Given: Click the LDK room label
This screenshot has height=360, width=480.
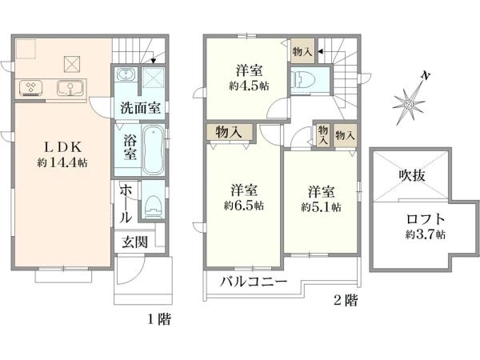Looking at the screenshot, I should (60, 147).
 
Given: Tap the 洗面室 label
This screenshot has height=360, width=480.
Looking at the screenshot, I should (139, 108).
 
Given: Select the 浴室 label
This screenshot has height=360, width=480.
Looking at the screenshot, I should (129, 147).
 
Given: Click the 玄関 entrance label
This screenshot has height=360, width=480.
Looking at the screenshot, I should (134, 242).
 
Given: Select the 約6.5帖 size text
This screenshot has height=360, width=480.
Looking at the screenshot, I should (245, 206).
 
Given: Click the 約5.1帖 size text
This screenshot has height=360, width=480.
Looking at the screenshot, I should (322, 206).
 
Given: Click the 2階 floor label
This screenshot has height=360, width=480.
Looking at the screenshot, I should (346, 301).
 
